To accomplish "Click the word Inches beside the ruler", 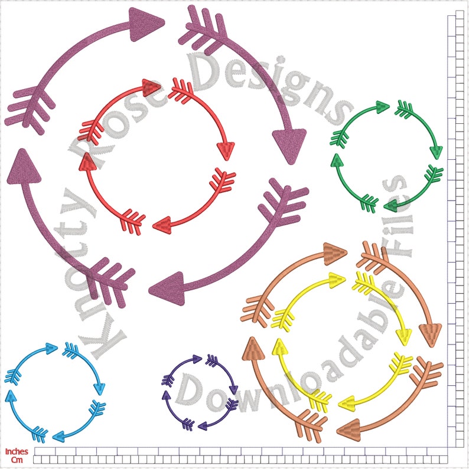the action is point(17,451).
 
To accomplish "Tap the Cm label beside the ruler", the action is point(17,460).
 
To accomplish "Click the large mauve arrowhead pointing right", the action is point(146,24).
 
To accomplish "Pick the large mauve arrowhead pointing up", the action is point(24,166).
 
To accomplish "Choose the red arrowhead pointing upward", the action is point(87,162).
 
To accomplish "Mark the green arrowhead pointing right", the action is point(382,107).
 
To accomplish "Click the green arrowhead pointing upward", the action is point(337,160).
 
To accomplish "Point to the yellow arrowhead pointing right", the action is point(337,280).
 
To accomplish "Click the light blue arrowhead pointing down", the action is point(99,389).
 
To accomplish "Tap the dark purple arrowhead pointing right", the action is point(197,359).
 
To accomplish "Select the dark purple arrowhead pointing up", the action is point(167,395).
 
